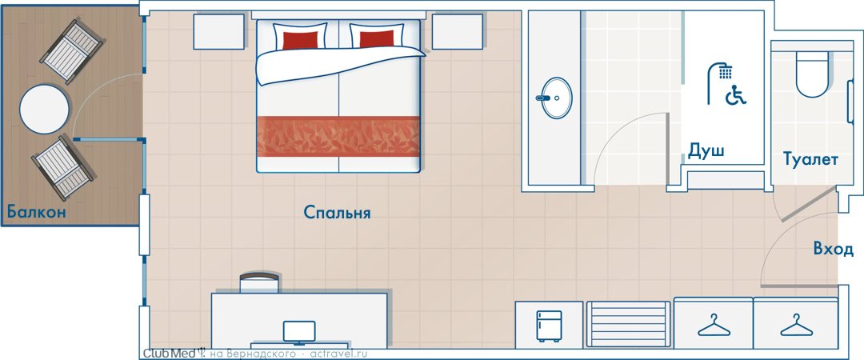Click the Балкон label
(36, 212)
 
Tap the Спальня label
(338, 213)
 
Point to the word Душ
(706, 150)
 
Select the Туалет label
(811, 160)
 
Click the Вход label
(833, 249)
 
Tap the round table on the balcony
(45, 109)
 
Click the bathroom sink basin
(557, 98)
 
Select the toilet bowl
(812, 74)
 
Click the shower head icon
(720, 82)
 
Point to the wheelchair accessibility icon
(736, 95)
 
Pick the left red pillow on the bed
(300, 40)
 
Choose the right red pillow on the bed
(377, 39)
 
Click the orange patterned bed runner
(338, 136)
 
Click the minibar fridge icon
(550, 326)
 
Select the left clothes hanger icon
(714, 326)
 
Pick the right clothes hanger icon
(796, 326)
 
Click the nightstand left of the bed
(218, 31)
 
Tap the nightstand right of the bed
(458, 31)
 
